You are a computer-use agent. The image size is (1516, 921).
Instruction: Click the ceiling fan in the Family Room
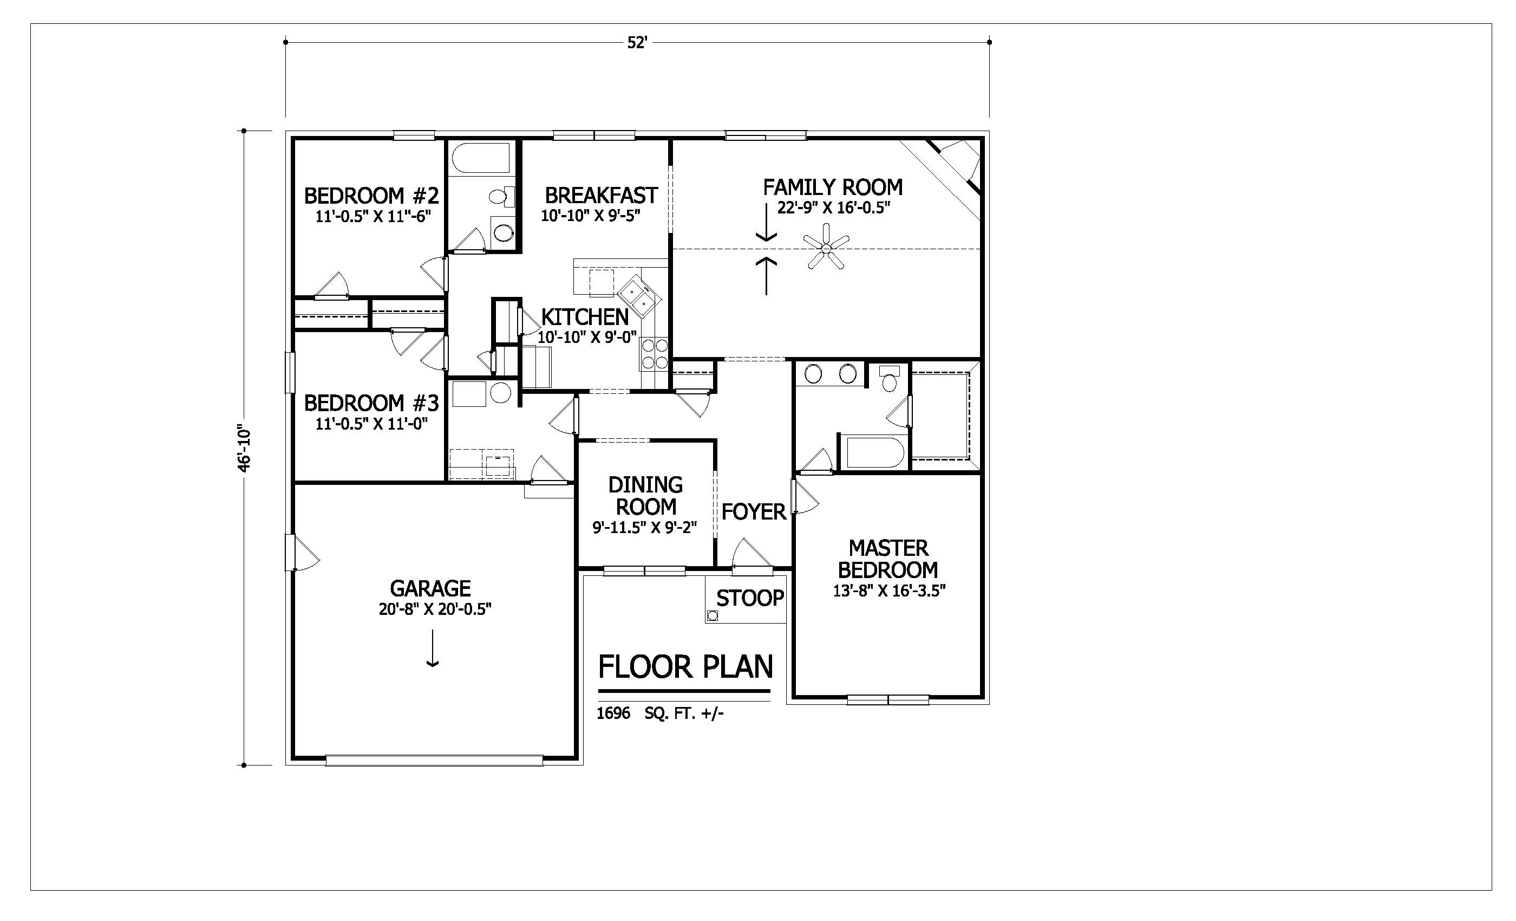point(827,248)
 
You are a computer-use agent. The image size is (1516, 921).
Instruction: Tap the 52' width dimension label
point(637,43)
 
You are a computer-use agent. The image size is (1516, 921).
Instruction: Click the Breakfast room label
point(601,195)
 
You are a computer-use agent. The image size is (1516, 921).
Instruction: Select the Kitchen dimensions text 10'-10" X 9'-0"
point(587,338)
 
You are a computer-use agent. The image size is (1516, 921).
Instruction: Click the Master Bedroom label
point(888,559)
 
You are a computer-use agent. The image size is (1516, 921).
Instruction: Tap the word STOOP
point(750,598)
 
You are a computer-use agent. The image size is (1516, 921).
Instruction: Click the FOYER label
point(754,511)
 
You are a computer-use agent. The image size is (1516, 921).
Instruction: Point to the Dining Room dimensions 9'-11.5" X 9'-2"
point(644,528)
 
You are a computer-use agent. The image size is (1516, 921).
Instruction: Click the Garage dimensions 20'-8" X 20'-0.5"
point(435,609)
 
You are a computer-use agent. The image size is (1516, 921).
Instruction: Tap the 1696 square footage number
point(613,714)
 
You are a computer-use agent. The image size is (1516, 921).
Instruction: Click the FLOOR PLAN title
point(685,667)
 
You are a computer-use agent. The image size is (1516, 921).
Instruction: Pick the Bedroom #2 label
point(371,196)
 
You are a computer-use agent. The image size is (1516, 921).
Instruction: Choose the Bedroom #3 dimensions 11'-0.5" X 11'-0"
point(371,424)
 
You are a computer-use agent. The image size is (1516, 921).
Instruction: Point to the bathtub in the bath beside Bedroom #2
point(481,159)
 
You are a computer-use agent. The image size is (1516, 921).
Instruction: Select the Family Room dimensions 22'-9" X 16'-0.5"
point(834,207)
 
